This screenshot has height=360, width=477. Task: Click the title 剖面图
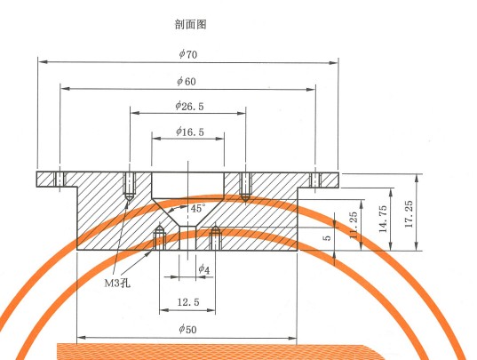pos(191,24)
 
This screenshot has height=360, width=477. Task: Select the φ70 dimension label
pos(188,54)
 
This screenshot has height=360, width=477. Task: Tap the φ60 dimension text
pos(187,81)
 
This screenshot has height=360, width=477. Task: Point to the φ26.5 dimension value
pos(189,106)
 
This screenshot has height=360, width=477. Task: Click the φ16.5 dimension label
pos(190,132)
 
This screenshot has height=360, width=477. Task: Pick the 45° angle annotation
pos(198,209)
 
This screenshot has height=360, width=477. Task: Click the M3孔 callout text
pos(117,284)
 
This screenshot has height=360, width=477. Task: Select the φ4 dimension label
pos(203,269)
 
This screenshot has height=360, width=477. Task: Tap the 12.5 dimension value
pos(188,302)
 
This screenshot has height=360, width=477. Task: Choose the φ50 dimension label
pos(187,329)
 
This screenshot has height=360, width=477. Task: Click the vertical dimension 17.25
pos(409,213)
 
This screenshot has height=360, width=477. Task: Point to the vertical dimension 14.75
pos(383,219)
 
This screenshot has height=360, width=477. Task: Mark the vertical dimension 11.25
pos(354,225)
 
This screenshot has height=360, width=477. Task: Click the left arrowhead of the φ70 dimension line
pos(43,61)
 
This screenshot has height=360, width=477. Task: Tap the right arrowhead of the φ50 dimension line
pos(292,338)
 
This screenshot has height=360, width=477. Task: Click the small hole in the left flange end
pos(60,180)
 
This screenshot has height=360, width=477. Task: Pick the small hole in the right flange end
pos(315,180)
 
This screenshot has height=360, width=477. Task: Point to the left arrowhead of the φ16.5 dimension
pos(156,139)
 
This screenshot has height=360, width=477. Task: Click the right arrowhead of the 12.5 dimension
pos(211,310)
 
